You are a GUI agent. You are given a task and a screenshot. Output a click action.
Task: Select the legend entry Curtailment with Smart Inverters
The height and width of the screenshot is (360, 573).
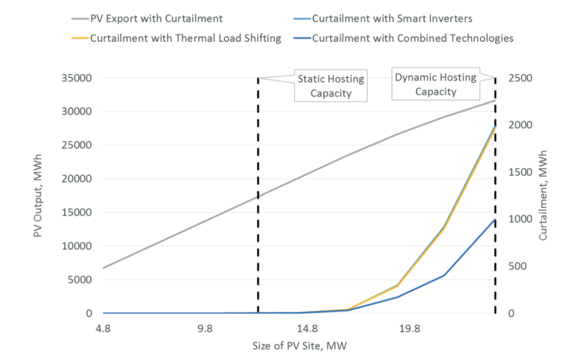392,19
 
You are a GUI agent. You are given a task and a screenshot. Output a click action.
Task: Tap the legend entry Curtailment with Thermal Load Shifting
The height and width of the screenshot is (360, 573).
185,38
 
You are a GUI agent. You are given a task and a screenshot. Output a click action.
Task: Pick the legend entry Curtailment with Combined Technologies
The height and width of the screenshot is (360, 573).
413,38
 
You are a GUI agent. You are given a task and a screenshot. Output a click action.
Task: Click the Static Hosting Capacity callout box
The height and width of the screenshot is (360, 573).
331,86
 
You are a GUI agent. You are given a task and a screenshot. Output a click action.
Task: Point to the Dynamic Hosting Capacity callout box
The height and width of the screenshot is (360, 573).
435,85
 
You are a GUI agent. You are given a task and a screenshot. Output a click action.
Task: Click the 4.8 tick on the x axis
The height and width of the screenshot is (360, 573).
103,329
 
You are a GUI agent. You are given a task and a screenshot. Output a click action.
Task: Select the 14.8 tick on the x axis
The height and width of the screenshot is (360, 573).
307,329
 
